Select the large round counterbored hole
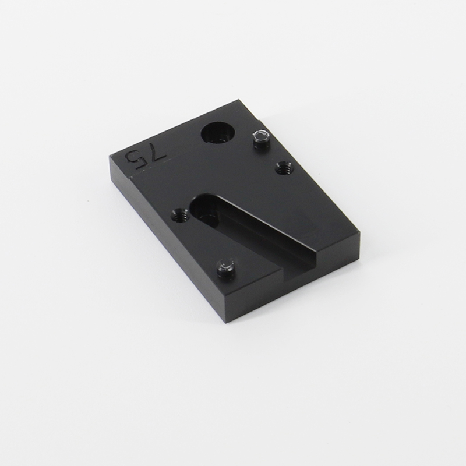click(218, 133)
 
